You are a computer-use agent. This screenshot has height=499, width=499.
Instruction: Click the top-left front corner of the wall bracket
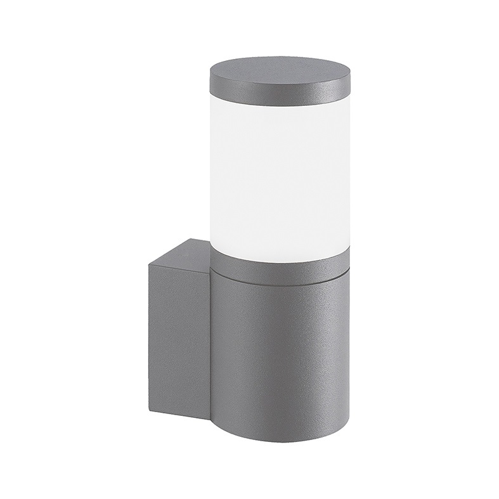click(149, 265)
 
